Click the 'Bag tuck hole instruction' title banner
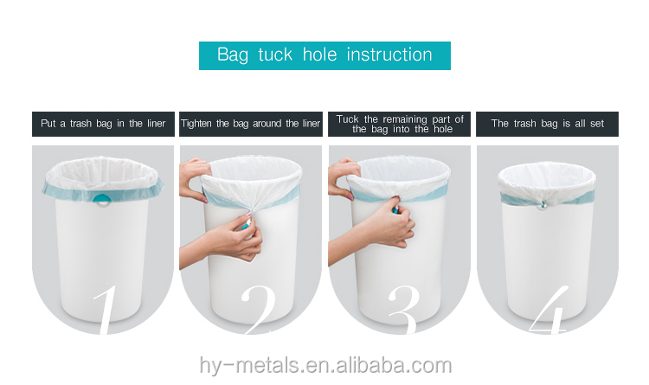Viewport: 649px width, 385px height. tap(324, 55)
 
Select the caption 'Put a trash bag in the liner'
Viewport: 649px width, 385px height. tap(104, 124)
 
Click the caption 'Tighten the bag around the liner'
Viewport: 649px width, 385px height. tap(250, 124)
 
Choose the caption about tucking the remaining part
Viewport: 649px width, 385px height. tap(400, 124)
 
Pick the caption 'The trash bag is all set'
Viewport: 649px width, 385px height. tap(548, 124)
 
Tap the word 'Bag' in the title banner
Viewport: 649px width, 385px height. tap(232, 55)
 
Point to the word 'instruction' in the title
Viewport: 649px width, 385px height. tap(389, 55)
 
